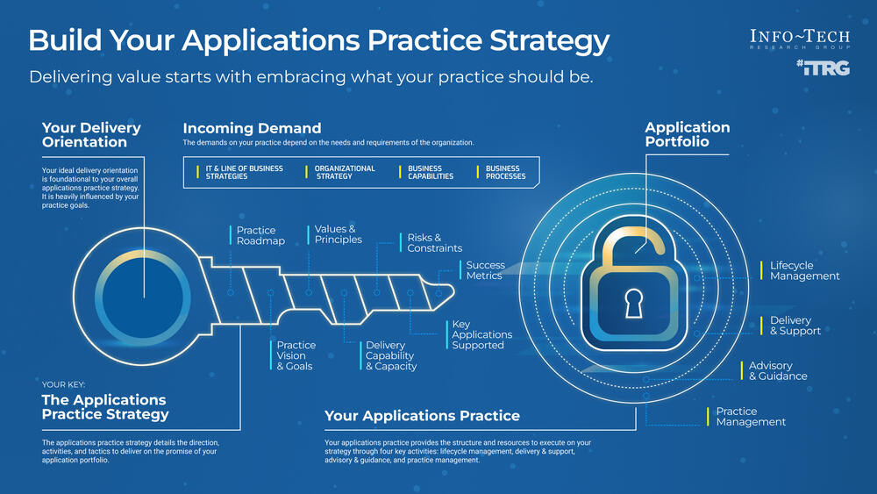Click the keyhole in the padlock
pos(633,304)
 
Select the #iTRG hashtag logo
pos(823,68)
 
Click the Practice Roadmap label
pos(260,235)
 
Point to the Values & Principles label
pos(338,234)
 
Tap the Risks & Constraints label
pos(434,243)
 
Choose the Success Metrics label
pos(485,270)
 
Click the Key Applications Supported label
pos(481,334)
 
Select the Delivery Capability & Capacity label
pos(390,355)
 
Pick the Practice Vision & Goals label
pos(296,355)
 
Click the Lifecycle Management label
pos(804,270)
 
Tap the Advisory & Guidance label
pos(777,371)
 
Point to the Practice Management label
pos(751,417)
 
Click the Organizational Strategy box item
pos(344,172)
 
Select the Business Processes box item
pos(505,172)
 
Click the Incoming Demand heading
pos(252,129)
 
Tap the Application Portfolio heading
pos(688,134)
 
